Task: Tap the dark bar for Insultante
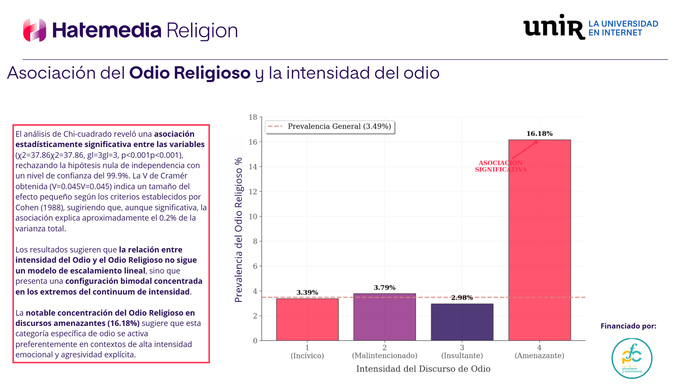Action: (462, 322)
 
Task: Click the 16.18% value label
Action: (540, 134)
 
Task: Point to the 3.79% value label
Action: (385, 288)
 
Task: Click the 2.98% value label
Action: (462, 298)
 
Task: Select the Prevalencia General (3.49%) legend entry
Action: (330, 126)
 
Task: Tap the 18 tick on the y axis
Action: (253, 117)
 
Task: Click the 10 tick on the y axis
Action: (253, 217)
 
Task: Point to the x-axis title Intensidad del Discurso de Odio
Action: (423, 369)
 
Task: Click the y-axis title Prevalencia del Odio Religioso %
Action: (238, 230)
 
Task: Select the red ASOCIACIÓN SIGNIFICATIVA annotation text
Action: (500, 166)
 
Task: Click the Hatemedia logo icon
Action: (34, 30)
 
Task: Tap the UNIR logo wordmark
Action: (554, 27)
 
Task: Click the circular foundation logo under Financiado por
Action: (632, 358)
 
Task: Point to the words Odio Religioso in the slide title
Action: (190, 73)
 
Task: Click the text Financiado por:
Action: (628, 326)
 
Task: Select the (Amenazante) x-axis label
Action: (540, 356)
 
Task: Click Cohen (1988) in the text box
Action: (39, 208)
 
